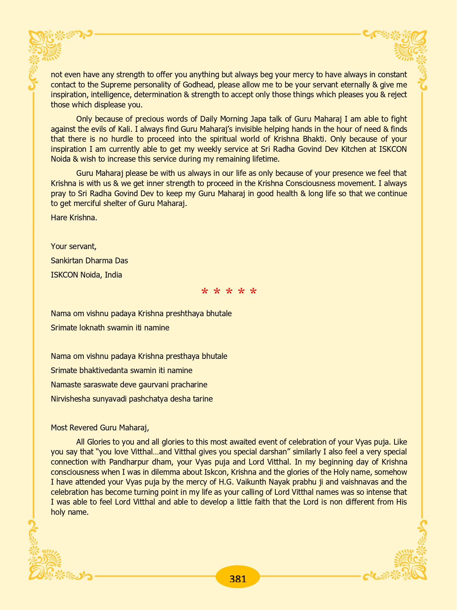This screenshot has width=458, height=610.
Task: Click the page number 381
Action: pos(237,578)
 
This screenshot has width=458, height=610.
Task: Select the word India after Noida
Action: pos(113,275)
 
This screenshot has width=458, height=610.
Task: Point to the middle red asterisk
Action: pos(229,291)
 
